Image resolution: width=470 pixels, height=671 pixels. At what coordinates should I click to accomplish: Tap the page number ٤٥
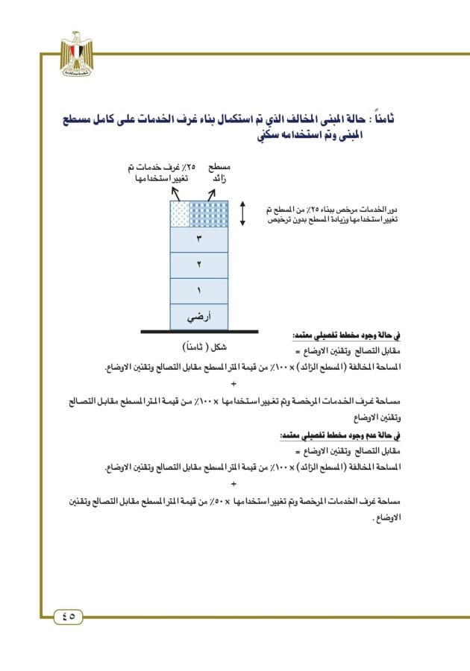point(69,616)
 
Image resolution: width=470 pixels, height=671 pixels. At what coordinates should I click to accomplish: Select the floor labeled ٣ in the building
point(199,239)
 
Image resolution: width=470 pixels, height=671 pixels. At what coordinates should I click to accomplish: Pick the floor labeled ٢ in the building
point(199,265)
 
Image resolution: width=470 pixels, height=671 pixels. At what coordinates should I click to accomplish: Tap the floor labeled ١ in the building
point(199,290)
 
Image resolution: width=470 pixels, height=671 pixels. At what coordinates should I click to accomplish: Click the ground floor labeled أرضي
point(199,316)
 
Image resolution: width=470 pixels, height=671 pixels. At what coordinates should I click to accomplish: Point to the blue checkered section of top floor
point(208,213)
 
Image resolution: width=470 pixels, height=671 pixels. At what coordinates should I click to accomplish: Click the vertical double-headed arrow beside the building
point(242,213)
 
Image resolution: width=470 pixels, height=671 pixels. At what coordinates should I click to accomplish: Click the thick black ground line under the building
point(199,331)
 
